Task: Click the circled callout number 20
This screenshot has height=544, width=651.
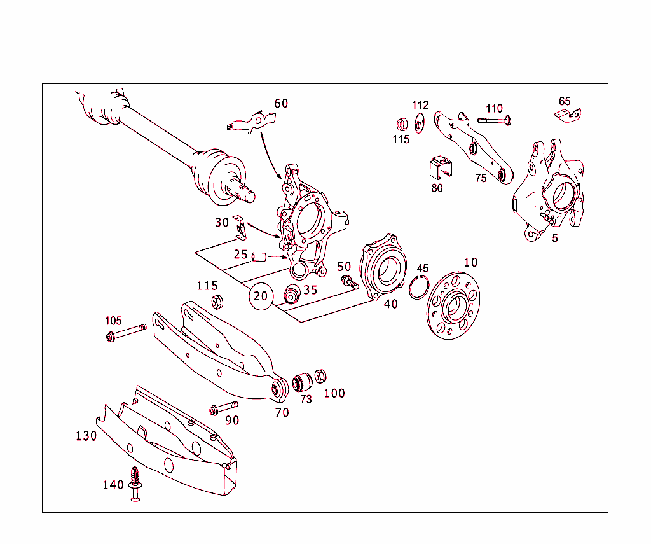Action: (261, 296)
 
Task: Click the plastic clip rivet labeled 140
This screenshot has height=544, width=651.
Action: (135, 484)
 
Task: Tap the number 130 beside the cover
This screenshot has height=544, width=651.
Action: (86, 436)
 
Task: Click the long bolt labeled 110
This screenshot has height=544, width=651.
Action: (495, 120)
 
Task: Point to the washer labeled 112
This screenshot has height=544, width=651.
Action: (419, 123)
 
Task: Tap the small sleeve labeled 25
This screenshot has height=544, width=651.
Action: (258, 257)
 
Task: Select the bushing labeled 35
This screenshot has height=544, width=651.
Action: (292, 296)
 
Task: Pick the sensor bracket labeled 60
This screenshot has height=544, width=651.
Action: (253, 121)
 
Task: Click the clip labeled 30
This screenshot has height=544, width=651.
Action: (240, 227)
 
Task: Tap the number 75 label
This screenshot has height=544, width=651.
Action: (481, 178)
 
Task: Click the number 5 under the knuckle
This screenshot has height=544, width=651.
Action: (555, 238)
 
